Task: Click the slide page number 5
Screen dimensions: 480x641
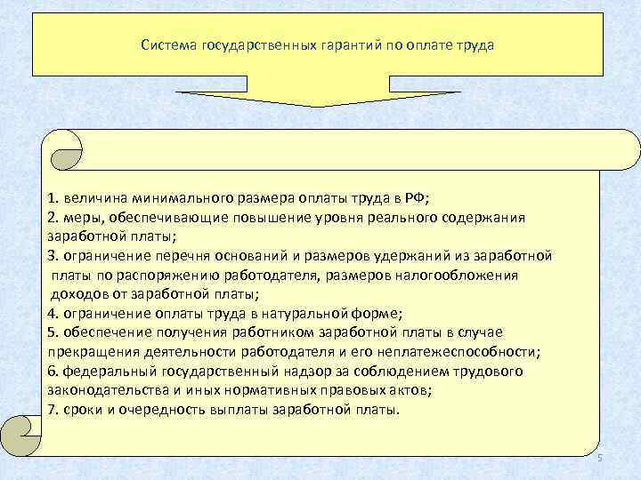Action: click(600, 457)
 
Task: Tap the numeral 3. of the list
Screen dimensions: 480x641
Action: click(53, 256)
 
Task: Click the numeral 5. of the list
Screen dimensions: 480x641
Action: click(53, 332)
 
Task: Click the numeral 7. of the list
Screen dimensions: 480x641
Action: click(53, 410)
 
